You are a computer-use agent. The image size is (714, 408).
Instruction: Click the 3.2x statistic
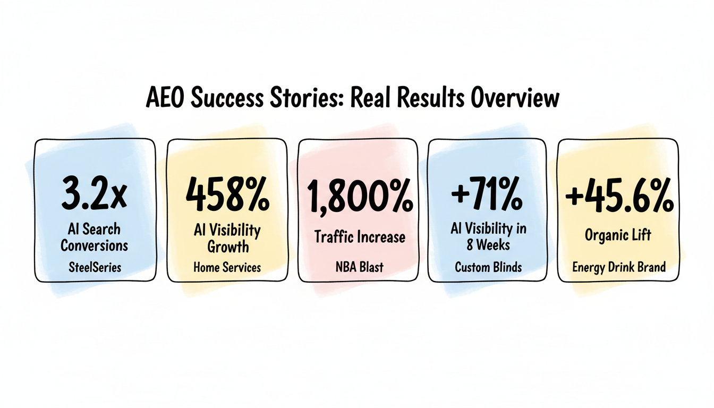point(94,195)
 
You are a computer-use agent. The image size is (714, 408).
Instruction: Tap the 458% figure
point(227,195)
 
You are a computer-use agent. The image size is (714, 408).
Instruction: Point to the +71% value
point(487,195)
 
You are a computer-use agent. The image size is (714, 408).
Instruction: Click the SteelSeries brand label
point(95,267)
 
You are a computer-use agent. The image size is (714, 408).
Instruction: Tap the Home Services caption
point(227,267)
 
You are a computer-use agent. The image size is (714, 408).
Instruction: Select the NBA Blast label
point(360,267)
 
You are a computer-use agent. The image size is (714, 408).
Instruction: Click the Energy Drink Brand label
point(619,267)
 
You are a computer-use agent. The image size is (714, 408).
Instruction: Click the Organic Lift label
point(618,234)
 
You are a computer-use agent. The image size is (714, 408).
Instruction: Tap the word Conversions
point(95,245)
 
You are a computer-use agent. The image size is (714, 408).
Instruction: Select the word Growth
point(228,247)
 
